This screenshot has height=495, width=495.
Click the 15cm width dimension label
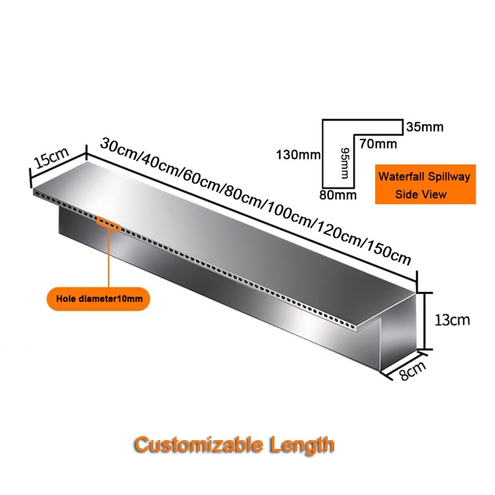click(x=51, y=158)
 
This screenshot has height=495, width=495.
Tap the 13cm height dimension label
click(x=452, y=320)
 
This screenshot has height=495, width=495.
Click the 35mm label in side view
click(x=425, y=127)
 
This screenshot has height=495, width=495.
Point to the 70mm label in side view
click(x=378, y=144)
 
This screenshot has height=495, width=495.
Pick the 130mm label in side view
click(x=298, y=155)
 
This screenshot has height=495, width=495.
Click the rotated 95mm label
click(x=344, y=163)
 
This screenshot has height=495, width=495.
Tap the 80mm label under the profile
click(x=338, y=195)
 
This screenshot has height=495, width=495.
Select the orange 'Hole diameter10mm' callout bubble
click(x=98, y=299)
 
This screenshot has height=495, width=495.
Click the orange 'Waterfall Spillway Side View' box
click(x=425, y=184)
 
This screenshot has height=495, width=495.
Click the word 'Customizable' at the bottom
click(x=199, y=444)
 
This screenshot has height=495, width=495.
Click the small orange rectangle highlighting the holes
click(x=108, y=224)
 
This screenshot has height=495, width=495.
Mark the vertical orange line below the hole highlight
click(x=109, y=259)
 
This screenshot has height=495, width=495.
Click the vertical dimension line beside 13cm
click(x=425, y=321)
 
